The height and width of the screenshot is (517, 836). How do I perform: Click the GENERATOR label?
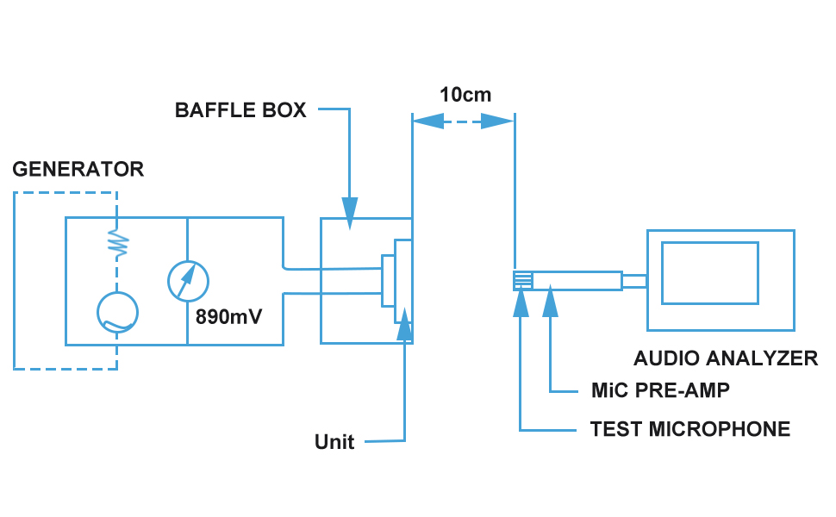(78, 169)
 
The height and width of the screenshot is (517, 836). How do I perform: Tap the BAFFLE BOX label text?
(240, 110)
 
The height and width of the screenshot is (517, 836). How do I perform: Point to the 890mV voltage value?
(228, 316)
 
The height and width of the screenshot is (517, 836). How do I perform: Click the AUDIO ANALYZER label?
(726, 358)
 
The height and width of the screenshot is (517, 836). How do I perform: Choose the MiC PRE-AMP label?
(660, 390)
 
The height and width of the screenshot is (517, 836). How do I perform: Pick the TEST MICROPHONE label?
(689, 429)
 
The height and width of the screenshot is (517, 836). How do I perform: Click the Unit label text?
(334, 442)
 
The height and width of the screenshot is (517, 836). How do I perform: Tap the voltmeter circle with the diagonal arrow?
(187, 280)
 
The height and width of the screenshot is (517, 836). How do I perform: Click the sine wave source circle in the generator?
(117, 313)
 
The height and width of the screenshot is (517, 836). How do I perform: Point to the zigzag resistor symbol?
(117, 243)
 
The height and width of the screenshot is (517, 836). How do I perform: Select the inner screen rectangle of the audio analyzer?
(709, 273)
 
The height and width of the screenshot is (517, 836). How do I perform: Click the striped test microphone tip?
(522, 280)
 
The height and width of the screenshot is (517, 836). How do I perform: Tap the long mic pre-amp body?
(577, 280)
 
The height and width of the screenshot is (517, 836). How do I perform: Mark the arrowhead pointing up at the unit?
(403, 321)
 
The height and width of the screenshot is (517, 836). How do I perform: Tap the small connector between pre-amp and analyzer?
(633, 280)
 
